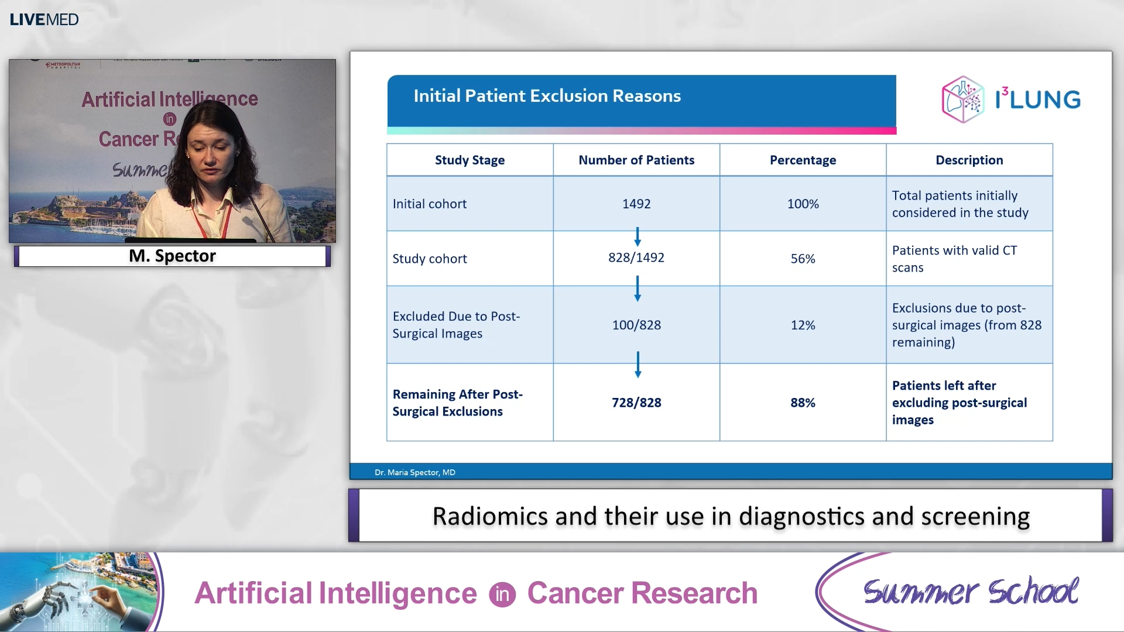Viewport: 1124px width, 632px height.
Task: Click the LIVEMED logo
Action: point(44,19)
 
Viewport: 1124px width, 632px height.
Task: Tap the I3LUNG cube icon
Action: point(962,99)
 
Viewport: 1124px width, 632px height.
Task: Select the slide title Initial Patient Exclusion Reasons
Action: point(547,96)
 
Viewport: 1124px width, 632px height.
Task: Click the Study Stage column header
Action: point(470,160)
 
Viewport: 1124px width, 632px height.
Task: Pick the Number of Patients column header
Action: point(636,160)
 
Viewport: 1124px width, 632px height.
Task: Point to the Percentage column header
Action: point(803,160)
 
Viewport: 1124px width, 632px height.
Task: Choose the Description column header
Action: point(969,160)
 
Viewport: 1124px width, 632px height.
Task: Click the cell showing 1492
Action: point(636,204)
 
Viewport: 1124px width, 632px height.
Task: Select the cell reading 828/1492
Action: point(636,257)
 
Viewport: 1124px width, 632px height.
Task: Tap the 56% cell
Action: point(803,259)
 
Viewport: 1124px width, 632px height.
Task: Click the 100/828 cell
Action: point(636,325)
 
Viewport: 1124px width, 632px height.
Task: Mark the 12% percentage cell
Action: point(803,325)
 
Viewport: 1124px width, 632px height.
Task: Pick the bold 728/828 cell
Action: point(636,403)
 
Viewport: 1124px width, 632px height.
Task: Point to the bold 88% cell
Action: point(803,403)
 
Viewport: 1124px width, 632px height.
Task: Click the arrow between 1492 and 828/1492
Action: point(638,236)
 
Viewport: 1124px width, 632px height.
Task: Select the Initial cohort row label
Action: point(430,204)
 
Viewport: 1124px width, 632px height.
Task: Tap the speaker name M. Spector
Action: point(172,256)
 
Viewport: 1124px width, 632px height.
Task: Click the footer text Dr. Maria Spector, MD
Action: point(414,472)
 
